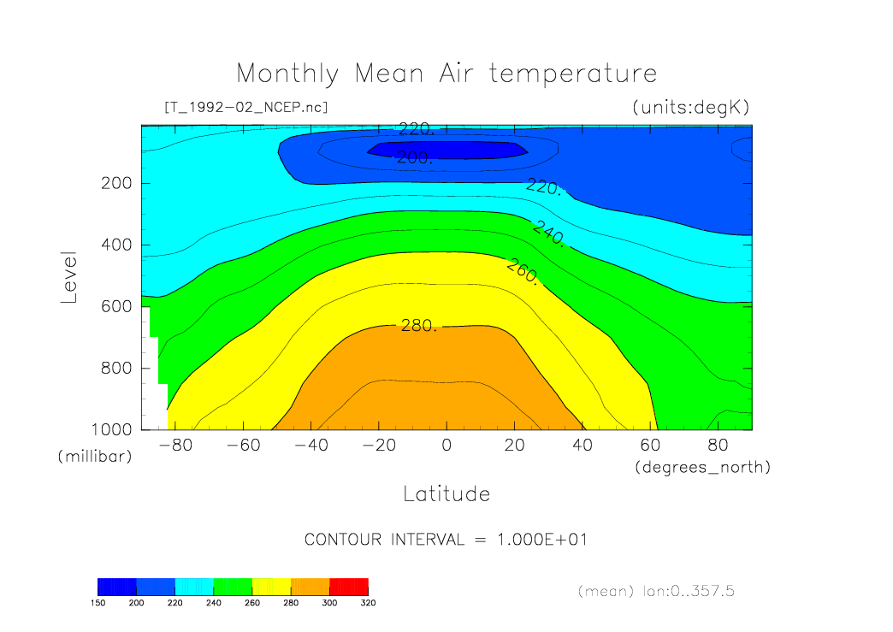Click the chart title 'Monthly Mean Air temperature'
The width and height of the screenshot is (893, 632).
(446, 73)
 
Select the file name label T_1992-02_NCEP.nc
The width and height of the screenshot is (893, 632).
(245, 107)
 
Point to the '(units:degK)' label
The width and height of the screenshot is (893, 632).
(691, 107)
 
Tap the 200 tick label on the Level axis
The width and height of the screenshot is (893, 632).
(115, 183)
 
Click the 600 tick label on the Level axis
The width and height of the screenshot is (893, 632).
(115, 306)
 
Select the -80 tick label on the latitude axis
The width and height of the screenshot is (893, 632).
(170, 446)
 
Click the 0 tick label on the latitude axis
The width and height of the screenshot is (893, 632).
(446, 446)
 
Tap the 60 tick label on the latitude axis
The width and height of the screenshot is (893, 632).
(651, 446)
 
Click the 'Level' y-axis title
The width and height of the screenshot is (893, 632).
(69, 277)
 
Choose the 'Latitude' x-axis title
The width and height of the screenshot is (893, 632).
(446, 493)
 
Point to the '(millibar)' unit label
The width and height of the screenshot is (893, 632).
(95, 457)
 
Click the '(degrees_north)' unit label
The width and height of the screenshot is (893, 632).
(702, 467)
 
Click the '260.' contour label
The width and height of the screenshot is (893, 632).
(522, 272)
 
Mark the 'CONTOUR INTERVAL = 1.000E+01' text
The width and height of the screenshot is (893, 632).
(446, 540)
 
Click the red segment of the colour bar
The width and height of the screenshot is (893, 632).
(348, 586)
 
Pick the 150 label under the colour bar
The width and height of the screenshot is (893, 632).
(98, 603)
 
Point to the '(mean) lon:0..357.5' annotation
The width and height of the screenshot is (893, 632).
(657, 591)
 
